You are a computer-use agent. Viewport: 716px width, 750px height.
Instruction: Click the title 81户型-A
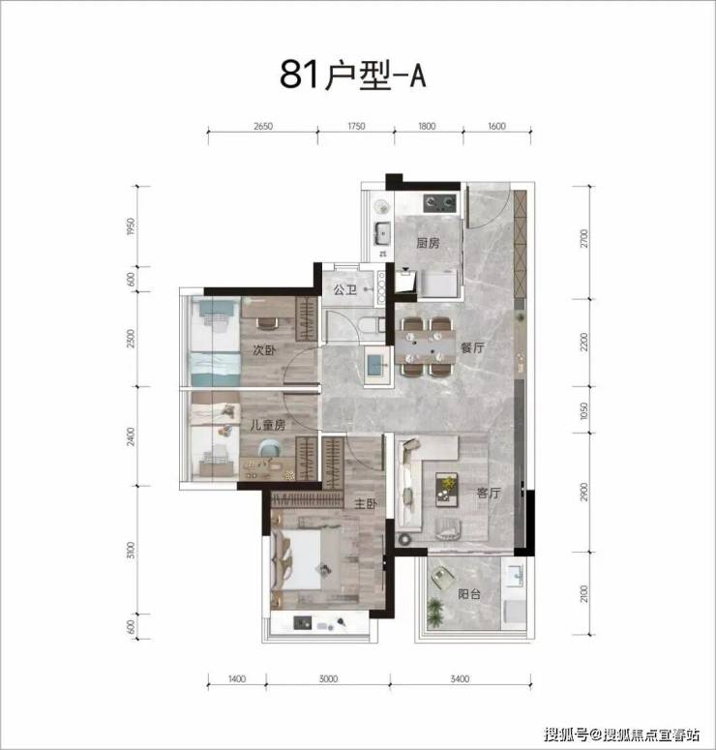[x=352, y=75]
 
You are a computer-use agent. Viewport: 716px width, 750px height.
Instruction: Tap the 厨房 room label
[x=428, y=243]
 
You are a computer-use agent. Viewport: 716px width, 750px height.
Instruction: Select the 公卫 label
[x=344, y=289]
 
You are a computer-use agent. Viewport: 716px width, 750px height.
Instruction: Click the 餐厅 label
[x=472, y=347]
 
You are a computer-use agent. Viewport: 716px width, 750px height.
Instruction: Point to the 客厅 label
[x=489, y=493]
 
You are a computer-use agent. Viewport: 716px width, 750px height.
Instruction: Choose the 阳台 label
[x=468, y=594]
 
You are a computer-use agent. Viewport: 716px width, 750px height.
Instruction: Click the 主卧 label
[x=366, y=503]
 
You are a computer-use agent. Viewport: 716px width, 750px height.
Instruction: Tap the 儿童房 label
[x=267, y=424]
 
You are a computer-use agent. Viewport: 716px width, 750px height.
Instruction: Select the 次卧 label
[x=264, y=350]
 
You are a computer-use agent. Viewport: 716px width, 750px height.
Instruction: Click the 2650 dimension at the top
[x=263, y=126]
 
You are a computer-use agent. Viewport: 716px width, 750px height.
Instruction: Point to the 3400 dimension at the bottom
[x=460, y=678]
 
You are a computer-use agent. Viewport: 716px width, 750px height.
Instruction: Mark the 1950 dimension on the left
[x=131, y=226]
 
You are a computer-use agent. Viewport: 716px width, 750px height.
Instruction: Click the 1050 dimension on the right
[x=584, y=410]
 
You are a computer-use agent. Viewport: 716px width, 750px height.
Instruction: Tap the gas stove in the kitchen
[x=439, y=203]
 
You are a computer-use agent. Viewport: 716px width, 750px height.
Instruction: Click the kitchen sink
[x=383, y=234]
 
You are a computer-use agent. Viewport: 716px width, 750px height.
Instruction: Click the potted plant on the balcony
[x=435, y=613]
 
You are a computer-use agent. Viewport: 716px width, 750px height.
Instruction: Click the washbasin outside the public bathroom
[x=377, y=366]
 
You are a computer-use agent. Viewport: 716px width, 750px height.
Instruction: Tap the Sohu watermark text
[x=622, y=735]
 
